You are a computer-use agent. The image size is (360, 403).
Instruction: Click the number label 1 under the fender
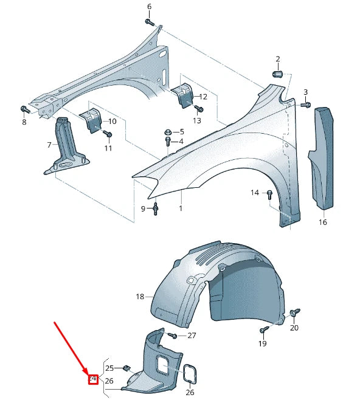pos(180,208)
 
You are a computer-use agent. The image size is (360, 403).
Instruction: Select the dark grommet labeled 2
pos(277,74)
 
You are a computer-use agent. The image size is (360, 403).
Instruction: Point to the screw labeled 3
pos(305,105)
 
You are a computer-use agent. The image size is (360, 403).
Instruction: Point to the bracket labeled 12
pos(182,95)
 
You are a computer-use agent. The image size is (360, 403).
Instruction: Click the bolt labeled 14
pos(269,194)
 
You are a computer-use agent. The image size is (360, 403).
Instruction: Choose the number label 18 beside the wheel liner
pos(140,297)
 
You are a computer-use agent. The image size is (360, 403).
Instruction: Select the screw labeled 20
pos(294,312)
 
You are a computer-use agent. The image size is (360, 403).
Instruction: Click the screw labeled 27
pos(173,335)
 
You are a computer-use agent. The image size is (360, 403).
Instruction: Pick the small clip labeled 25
pos(126,368)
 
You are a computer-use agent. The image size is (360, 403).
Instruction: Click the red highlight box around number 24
pos(93,380)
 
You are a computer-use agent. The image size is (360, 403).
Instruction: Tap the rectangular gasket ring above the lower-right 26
pos(190,374)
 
